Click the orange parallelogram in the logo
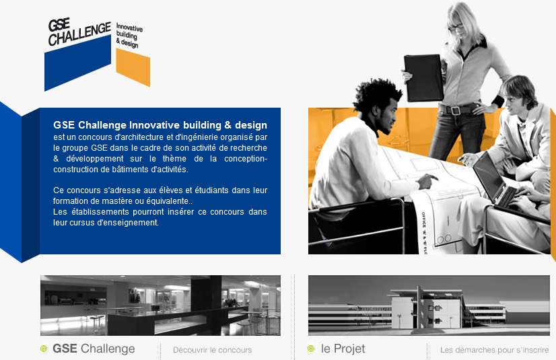tap(133, 67)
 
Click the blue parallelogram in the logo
tap(77, 63)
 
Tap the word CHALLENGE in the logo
tap(80, 34)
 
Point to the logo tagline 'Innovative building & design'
tap(129, 36)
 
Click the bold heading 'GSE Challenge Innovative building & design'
tap(160, 125)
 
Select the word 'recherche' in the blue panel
tap(250, 148)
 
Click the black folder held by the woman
tap(423, 78)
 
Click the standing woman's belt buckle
tap(456, 110)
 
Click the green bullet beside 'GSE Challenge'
tap(44, 349)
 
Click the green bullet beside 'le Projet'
tap(311, 349)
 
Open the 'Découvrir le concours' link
tap(213, 350)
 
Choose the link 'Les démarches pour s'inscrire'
tap(495, 350)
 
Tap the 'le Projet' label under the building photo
tap(343, 349)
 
